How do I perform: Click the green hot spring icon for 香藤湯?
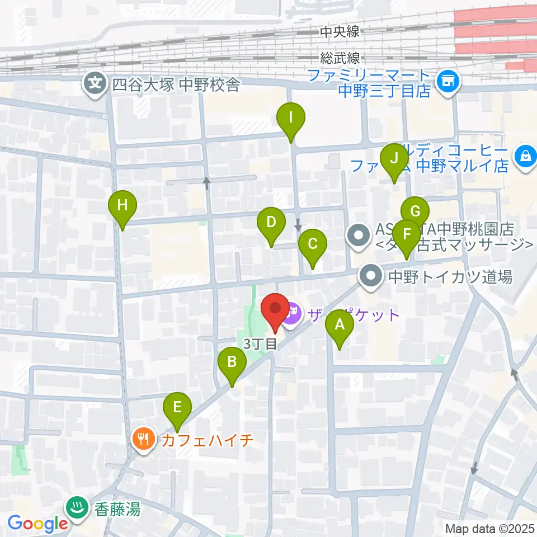click(x=75, y=508)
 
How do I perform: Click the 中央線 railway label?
click(x=340, y=32)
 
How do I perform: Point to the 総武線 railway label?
click(x=340, y=58)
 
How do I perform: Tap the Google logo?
click(x=38, y=524)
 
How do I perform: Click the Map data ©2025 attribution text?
click(x=490, y=528)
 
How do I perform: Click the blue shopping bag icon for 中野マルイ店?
click(x=526, y=156)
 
